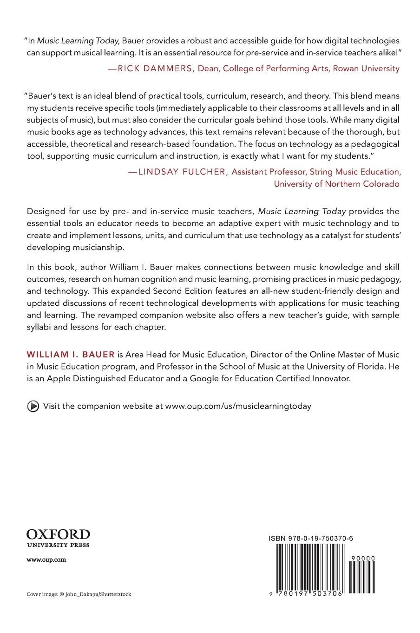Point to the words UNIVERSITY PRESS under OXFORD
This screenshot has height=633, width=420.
58,545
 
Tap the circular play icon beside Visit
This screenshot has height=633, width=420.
33,406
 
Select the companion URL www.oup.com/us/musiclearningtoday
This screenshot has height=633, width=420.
238,406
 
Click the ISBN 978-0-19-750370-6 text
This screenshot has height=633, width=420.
311,539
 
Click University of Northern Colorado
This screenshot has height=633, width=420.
336,184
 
